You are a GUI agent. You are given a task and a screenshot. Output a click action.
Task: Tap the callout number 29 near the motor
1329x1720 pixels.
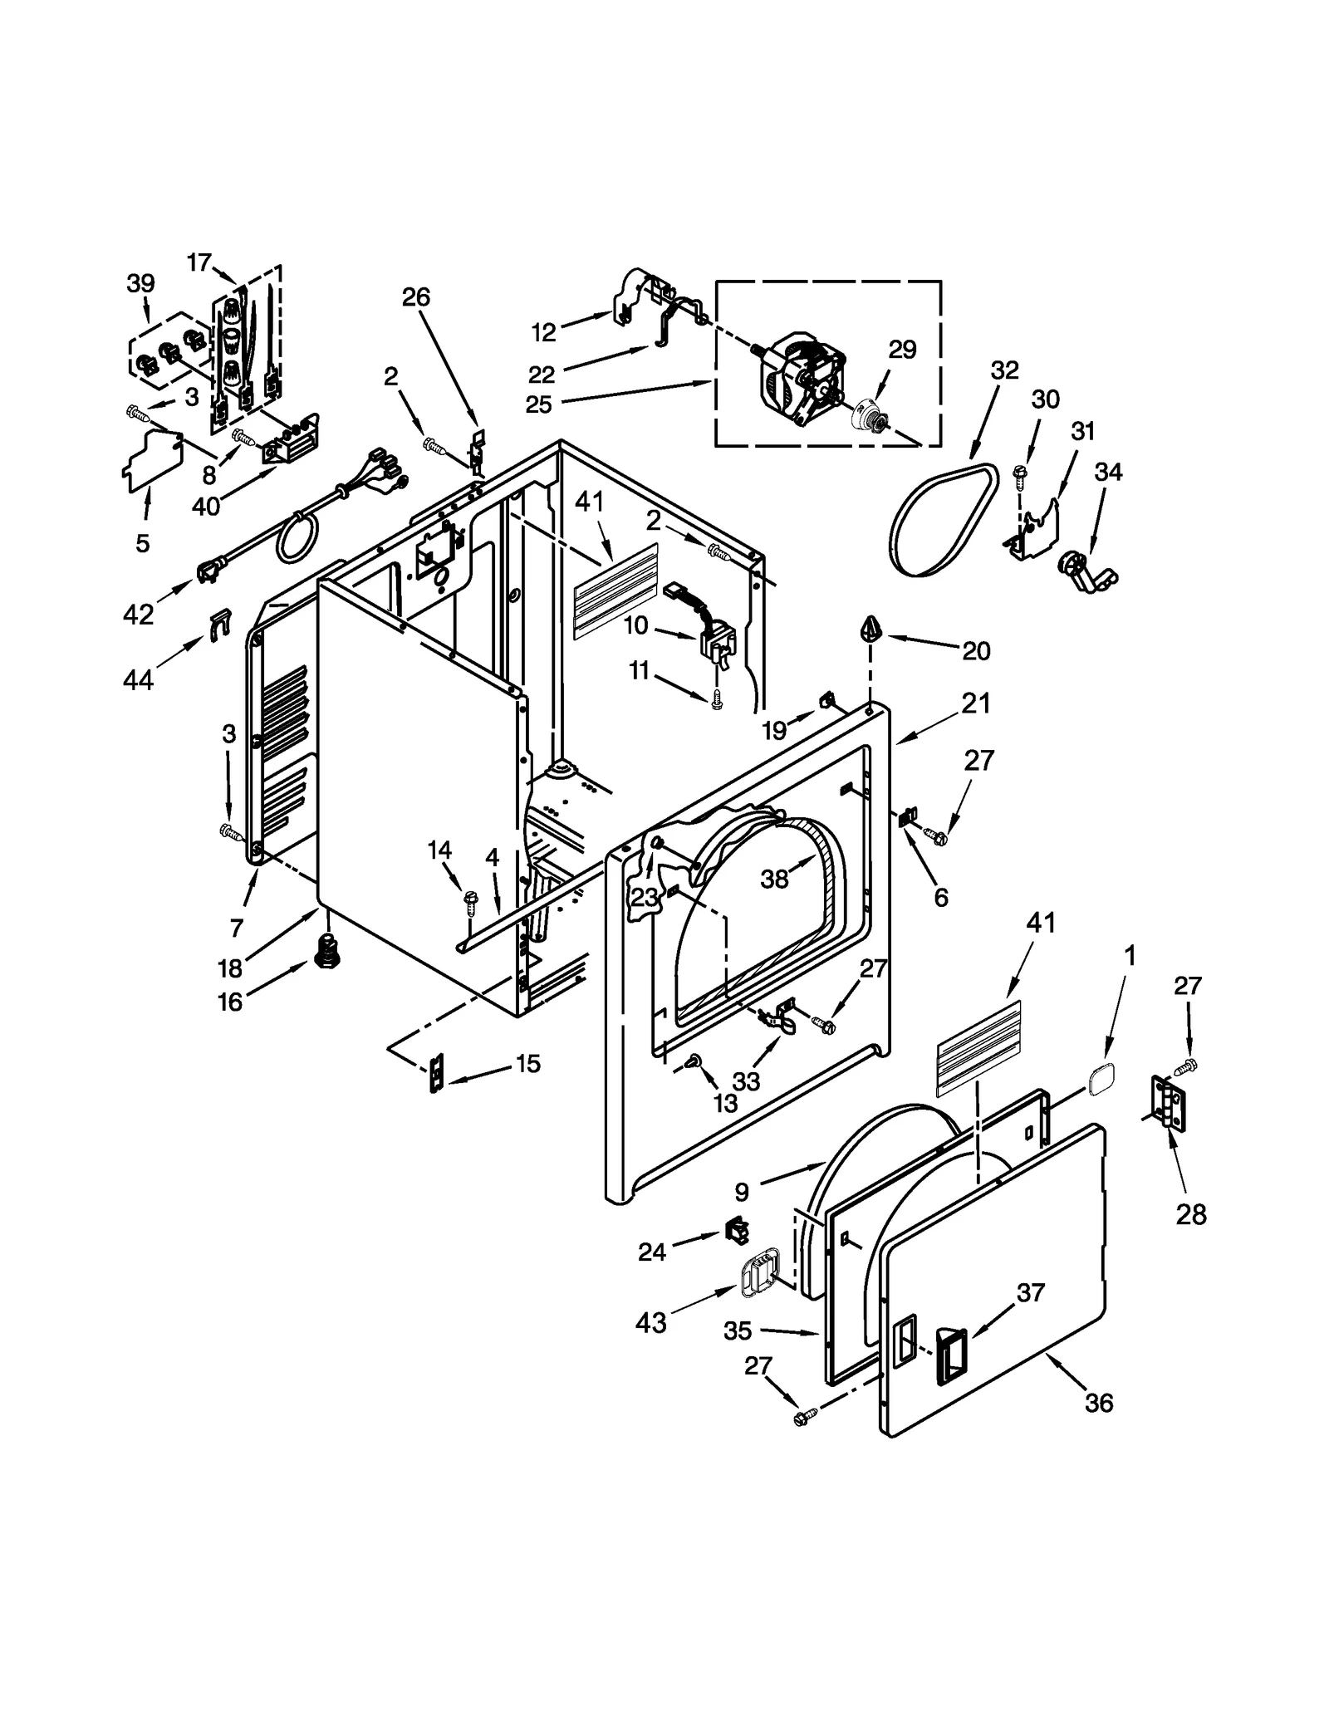point(902,350)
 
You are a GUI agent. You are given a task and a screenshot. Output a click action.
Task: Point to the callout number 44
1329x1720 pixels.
point(138,680)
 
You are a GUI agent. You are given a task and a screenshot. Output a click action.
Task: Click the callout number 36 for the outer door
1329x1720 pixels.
point(1098,1403)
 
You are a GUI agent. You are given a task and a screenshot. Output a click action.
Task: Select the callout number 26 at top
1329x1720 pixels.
point(416,296)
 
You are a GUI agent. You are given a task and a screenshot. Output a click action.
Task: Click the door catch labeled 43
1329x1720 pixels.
point(758,1276)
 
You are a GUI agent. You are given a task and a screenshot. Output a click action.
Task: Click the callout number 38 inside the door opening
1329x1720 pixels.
point(774,879)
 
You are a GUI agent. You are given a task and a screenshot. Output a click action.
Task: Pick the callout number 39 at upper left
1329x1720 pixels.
point(140,283)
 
